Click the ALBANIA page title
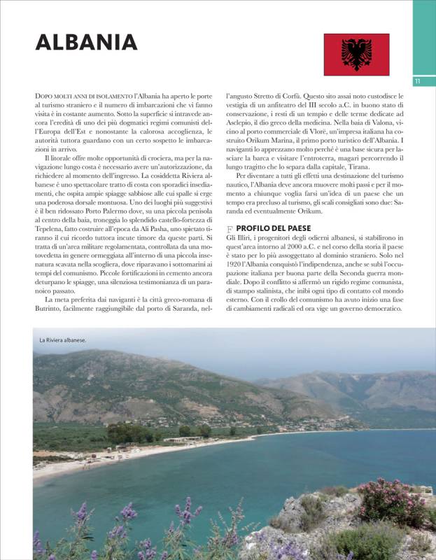click(86, 42)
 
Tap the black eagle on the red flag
click(356, 54)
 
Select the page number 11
click(417, 81)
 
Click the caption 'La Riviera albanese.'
click(62, 340)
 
